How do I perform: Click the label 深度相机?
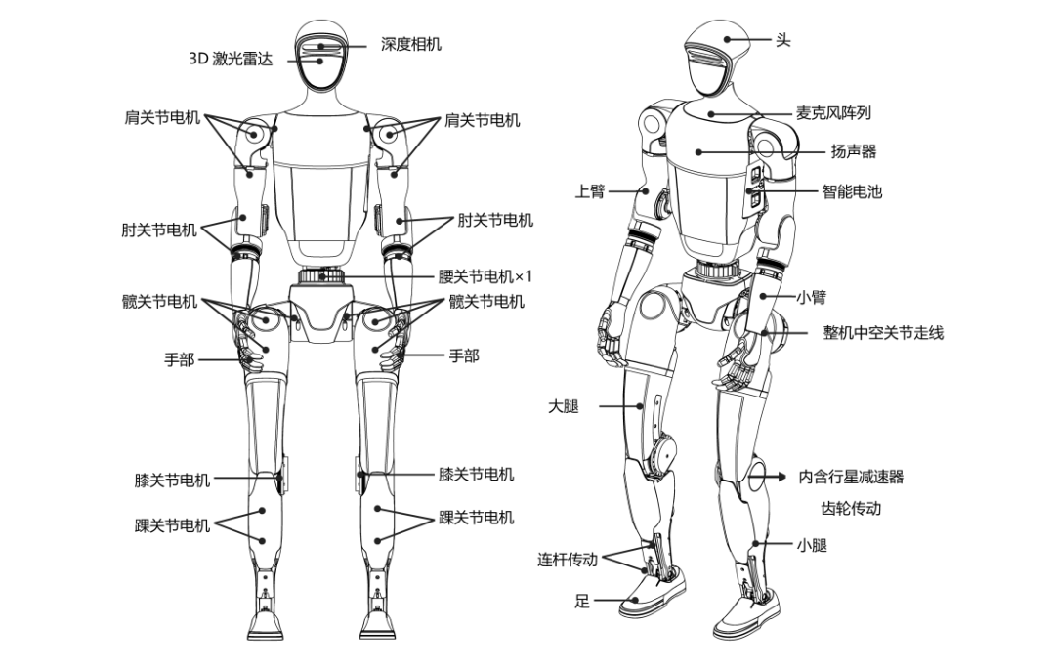click(410, 44)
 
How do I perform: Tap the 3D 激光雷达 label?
click(231, 59)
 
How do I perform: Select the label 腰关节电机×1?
click(485, 276)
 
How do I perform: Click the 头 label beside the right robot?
click(782, 40)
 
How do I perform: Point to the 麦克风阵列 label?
click(833, 113)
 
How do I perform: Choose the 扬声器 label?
click(853, 152)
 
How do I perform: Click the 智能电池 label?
click(852, 191)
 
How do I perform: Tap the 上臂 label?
click(589, 191)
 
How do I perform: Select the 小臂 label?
click(811, 297)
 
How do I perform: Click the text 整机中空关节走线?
click(883, 332)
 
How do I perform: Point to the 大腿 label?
click(564, 406)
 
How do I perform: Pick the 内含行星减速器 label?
click(851, 477)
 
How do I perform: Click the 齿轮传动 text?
click(851, 508)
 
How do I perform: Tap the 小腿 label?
click(812, 545)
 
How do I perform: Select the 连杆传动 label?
click(568, 560)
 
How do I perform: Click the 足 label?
click(582, 601)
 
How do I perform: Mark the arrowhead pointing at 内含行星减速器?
click(781, 477)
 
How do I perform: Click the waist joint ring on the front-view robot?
click(321, 275)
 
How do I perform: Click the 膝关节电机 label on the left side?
click(172, 481)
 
